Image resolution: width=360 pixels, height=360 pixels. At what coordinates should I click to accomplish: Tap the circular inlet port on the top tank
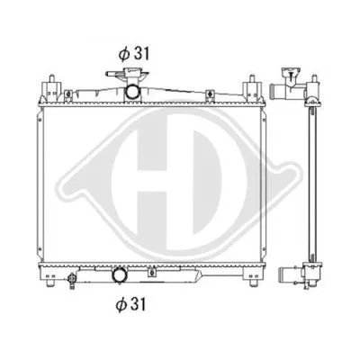coord(132,92)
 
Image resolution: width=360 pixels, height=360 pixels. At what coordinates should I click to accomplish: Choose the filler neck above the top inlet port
coord(132,79)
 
